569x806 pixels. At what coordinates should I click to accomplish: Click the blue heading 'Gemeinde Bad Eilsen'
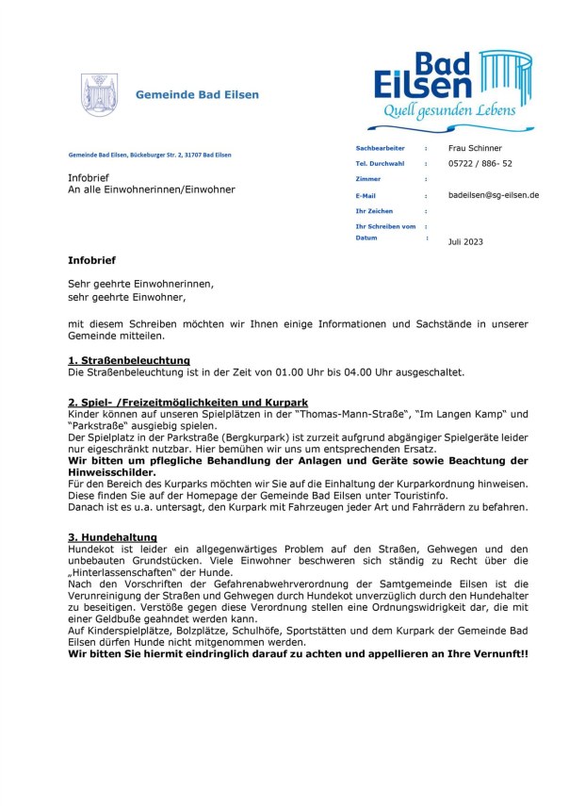click(197, 95)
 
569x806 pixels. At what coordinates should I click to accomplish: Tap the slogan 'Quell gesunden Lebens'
click(454, 111)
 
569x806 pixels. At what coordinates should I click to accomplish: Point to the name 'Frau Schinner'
click(476, 148)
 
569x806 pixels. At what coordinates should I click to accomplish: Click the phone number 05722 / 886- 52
click(480, 163)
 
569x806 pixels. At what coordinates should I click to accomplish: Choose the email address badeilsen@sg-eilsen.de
click(495, 195)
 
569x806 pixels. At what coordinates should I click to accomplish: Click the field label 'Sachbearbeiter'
click(380, 148)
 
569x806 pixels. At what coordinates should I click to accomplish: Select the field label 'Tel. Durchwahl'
click(380, 163)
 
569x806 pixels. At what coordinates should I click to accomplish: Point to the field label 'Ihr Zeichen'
click(374, 211)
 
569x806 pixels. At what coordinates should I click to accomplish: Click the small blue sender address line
click(150, 155)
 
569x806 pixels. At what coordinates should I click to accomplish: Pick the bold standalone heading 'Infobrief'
click(92, 259)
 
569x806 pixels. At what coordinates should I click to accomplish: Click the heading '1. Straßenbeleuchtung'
click(129, 360)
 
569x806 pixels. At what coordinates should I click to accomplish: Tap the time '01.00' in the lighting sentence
click(280, 372)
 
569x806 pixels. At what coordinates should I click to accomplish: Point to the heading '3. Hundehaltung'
click(112, 537)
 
